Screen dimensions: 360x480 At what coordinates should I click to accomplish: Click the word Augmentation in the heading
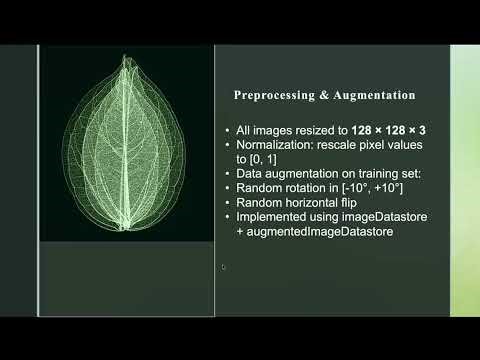[x=369, y=97]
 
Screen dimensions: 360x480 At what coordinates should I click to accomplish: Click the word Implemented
[x=266, y=217]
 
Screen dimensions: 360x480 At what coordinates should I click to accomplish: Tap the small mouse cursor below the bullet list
[x=224, y=267]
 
